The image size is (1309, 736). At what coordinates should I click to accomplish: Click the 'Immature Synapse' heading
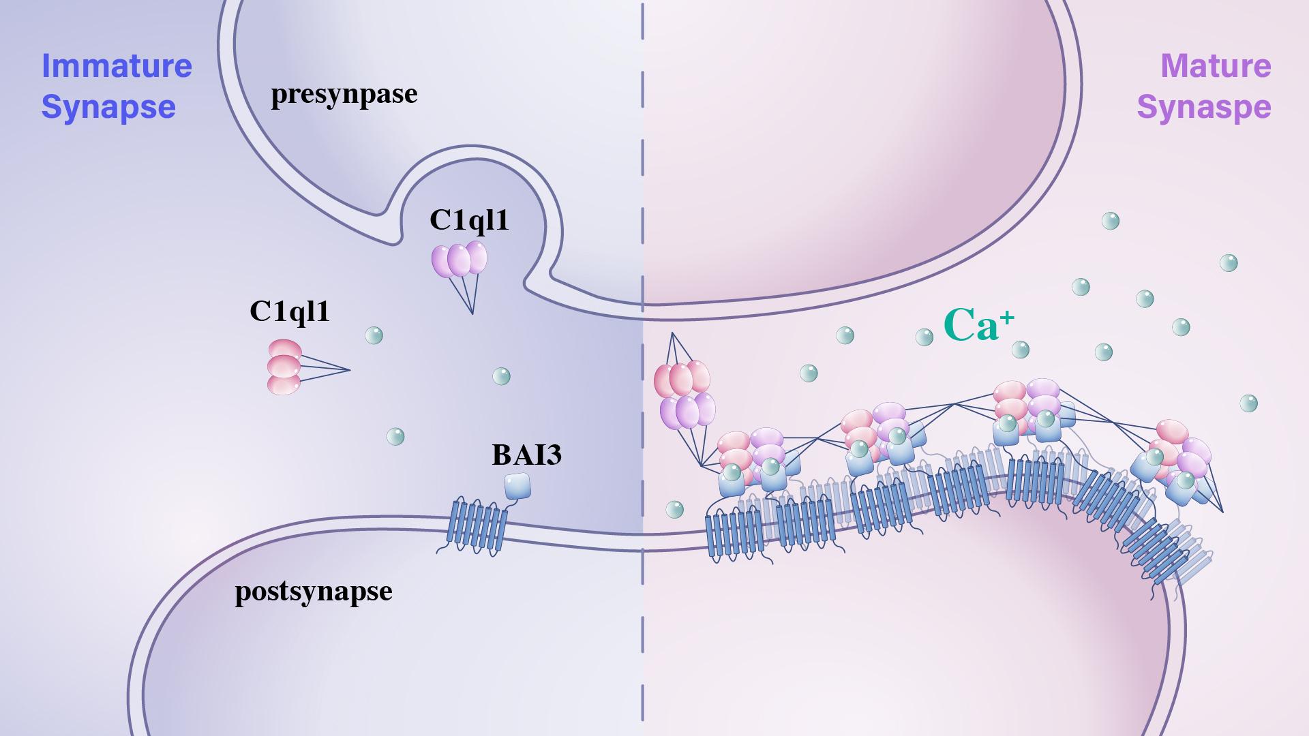pyautogui.click(x=117, y=87)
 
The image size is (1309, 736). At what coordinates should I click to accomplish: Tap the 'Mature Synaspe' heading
pyautogui.click(x=1204, y=87)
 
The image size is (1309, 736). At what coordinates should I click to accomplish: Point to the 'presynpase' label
pyautogui.click(x=344, y=94)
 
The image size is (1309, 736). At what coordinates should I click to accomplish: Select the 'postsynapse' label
pyautogui.click(x=314, y=591)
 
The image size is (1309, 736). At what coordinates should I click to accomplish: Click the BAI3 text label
pyautogui.click(x=527, y=455)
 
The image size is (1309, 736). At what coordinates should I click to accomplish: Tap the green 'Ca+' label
pyautogui.click(x=978, y=325)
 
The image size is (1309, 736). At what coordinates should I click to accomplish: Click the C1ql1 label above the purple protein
pyautogui.click(x=469, y=220)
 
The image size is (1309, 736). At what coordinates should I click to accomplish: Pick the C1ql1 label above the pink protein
pyautogui.click(x=290, y=311)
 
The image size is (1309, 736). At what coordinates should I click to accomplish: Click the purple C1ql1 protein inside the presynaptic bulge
pyautogui.click(x=460, y=260)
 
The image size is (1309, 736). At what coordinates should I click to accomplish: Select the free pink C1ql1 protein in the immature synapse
pyautogui.click(x=284, y=367)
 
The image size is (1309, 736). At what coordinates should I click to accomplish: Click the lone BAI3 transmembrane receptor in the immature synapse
pyautogui.click(x=472, y=526)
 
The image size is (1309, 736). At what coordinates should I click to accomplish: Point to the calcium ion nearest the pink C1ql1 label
pyautogui.click(x=374, y=335)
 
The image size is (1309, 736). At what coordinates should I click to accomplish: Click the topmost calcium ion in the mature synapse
pyautogui.click(x=1111, y=221)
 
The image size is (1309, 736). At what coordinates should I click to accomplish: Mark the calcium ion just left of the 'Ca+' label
pyautogui.click(x=924, y=337)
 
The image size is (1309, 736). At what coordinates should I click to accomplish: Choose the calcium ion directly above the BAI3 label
pyautogui.click(x=501, y=376)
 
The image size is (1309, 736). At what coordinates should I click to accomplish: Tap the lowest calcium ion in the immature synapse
pyautogui.click(x=395, y=436)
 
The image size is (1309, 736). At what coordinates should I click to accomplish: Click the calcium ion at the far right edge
pyautogui.click(x=1248, y=403)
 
